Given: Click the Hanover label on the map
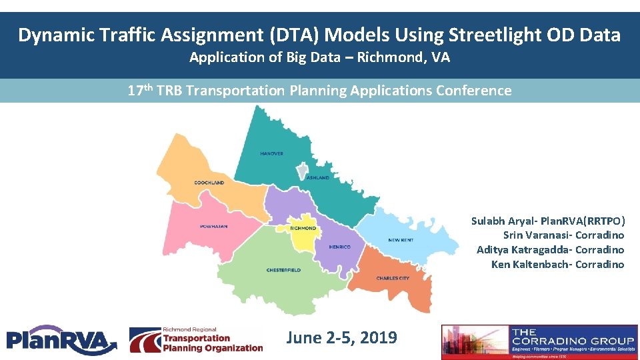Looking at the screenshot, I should coord(271,153).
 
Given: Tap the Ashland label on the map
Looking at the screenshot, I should coord(317,178).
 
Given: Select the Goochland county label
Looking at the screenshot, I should coord(209,182).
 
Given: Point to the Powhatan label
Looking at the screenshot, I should coord(213,227).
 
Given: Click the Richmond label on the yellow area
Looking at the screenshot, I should coord(303,229).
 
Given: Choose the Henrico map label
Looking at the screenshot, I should coord(339,247).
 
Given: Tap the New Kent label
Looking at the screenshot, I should coord(401,240).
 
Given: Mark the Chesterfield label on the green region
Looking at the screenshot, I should coord(283,270).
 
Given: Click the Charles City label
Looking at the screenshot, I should coord(393,278).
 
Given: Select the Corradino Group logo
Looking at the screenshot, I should coord(539,341).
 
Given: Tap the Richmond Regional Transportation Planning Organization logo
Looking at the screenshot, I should coord(196,339).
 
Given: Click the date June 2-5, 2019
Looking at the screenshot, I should coord(341,338).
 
